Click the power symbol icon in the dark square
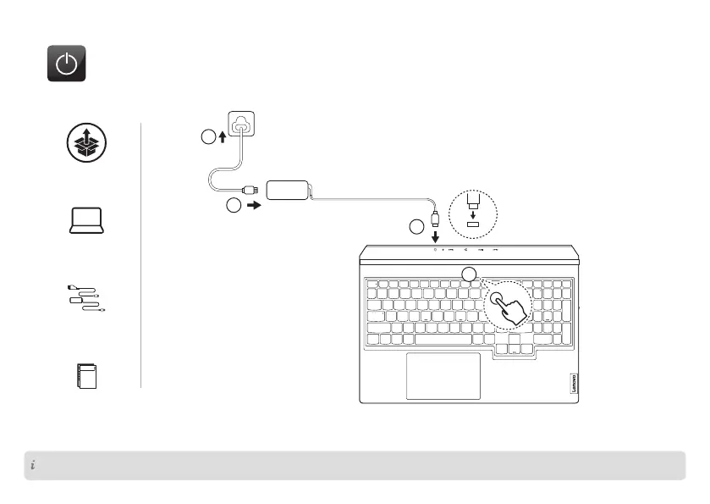pos(66,64)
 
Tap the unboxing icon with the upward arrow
pos(85,142)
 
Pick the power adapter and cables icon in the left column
pos(85,297)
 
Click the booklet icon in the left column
pos(85,375)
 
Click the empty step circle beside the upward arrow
pos(208,138)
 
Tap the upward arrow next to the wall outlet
pos(222,137)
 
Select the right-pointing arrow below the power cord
pos(252,206)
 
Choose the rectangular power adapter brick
pos(289,189)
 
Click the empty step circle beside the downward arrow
pos(416,227)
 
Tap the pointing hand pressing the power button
pos(509,308)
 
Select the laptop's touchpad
pos(443,375)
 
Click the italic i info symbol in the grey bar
pos(32,465)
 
